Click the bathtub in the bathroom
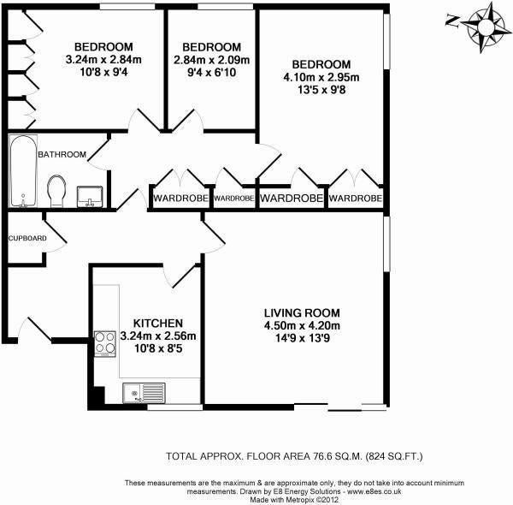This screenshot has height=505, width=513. pos(23,171)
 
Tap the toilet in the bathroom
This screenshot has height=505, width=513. pos(56,191)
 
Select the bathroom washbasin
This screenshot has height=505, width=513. pos(90,197)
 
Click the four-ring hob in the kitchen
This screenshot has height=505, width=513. pos(105,343)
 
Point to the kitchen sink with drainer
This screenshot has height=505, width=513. pos(144,393)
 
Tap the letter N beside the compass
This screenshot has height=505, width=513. pos(452,21)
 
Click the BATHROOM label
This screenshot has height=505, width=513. pos(62,154)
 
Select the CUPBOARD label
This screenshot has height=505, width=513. pos(27,239)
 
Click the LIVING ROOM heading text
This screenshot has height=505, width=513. pos(302,312)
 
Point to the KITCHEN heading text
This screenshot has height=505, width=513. pos(158,324)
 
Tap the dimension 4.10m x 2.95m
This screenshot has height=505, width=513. pos(321,78)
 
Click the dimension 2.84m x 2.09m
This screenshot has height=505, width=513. pos(212,60)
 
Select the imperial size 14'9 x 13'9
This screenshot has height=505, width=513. pos(303,338)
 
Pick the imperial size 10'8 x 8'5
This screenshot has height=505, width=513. pos(158,348)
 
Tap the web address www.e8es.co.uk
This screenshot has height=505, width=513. pos(374,491)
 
